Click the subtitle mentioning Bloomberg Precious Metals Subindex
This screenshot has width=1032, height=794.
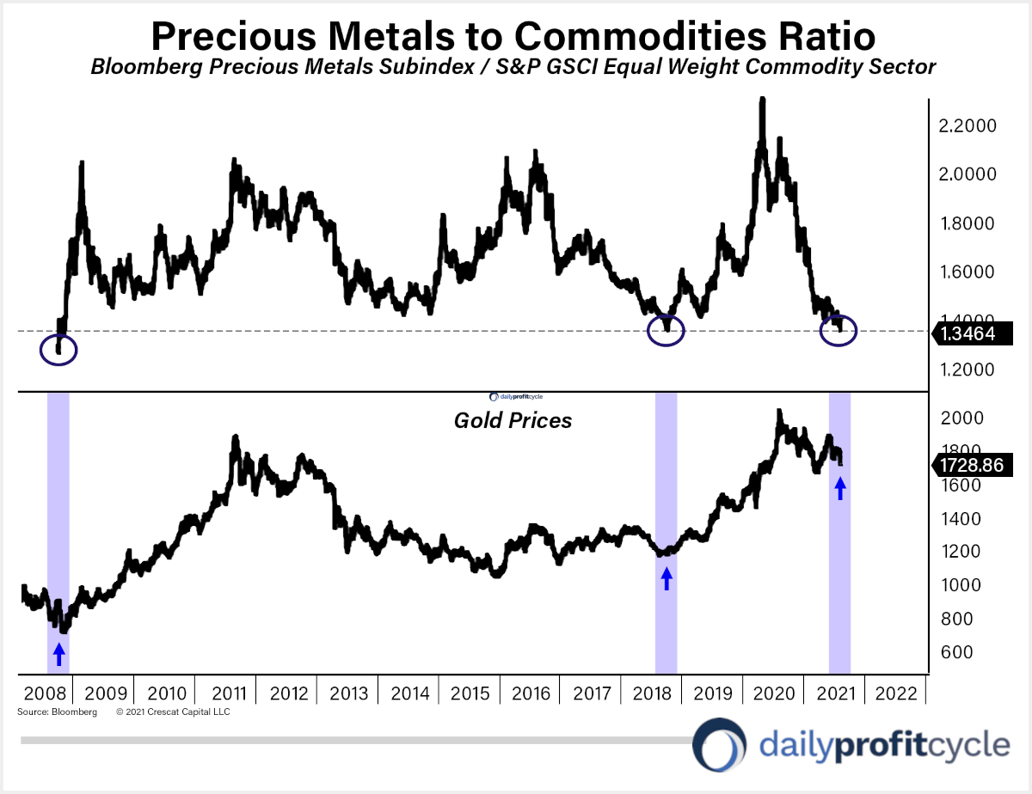tap(513, 67)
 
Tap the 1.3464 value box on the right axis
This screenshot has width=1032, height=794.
tap(967, 334)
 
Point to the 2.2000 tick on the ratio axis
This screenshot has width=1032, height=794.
tap(967, 126)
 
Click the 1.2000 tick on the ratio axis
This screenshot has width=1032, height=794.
tap(967, 370)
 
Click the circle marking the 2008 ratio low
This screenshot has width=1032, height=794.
tap(58, 350)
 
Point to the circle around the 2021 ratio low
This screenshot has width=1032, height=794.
tap(838, 330)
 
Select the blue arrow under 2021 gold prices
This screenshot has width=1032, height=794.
tap(840, 488)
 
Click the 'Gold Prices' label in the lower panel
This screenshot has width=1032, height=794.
tap(513, 421)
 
